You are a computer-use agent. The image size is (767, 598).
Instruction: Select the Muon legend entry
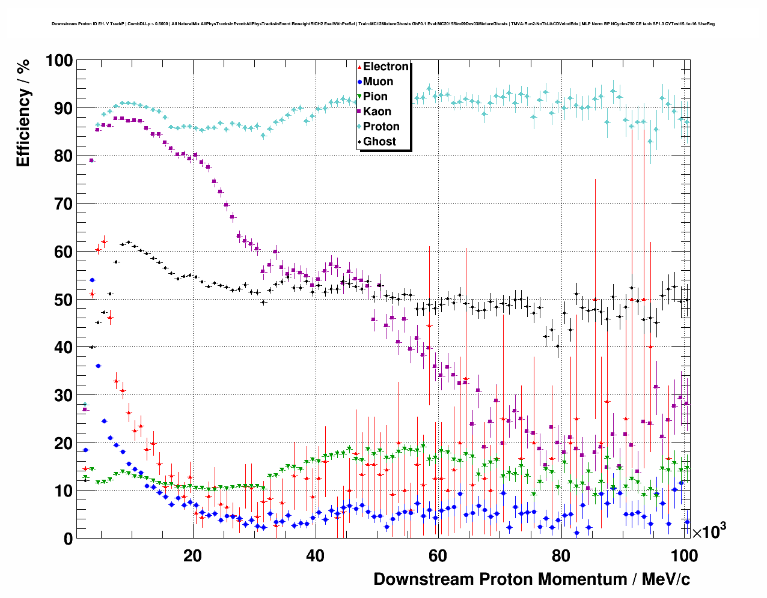(x=378, y=82)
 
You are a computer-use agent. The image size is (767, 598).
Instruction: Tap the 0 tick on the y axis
(x=68, y=539)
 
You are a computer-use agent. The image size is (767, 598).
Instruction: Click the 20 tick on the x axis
(x=192, y=556)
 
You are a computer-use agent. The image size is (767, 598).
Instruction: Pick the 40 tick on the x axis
(x=315, y=556)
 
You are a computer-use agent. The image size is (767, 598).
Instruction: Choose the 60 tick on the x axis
(x=438, y=556)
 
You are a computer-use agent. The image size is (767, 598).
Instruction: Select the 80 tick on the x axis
(x=560, y=556)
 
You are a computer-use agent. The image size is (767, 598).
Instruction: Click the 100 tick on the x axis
(x=683, y=556)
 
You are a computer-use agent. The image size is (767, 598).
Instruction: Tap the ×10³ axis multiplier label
(x=709, y=531)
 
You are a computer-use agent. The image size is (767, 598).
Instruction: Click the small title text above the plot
(x=383, y=24)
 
